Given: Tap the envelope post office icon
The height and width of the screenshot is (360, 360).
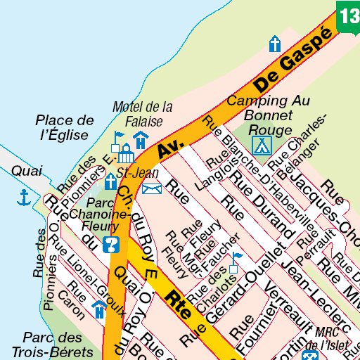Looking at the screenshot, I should (x=152, y=188).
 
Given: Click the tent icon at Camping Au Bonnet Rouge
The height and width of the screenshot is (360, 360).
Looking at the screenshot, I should (x=262, y=146).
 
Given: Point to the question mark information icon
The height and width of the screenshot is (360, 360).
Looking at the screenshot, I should (x=110, y=245).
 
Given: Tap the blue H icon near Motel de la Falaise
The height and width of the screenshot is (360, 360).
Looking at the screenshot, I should (x=141, y=140).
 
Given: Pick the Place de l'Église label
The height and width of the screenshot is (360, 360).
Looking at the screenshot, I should (x=63, y=127).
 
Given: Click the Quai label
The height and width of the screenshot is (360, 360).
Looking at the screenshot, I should (x=27, y=171).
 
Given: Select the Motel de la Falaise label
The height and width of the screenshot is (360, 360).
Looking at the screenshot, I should (x=143, y=114).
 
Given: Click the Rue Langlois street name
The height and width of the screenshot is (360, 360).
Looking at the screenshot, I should (x=211, y=172).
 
